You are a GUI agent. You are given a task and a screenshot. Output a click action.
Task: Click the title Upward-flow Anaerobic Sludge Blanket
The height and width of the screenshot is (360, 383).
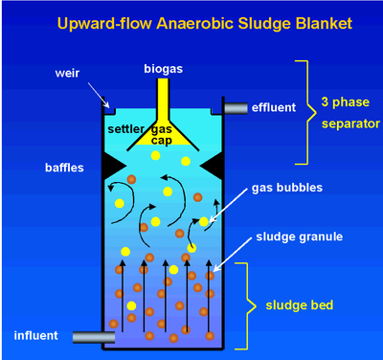pyautogui.click(x=191, y=20)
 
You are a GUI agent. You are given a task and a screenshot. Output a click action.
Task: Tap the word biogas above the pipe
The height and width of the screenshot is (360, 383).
pyautogui.click(x=164, y=68)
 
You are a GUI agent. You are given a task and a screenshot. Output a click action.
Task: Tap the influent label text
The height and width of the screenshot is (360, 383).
pyautogui.click(x=38, y=335)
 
